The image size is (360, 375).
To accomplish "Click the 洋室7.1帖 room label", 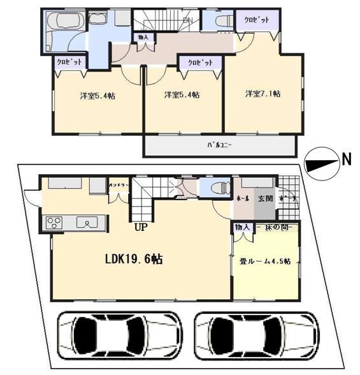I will coord(263,94).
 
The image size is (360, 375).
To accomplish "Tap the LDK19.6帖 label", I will coord(133,260).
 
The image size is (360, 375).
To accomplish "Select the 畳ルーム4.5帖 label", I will coord(266,261).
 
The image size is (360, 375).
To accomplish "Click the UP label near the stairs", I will coord(138,225).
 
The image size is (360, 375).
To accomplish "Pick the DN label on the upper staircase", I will coord(188,20).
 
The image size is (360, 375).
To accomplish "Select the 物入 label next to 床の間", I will coord(241,227).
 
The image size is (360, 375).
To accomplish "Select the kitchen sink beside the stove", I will coord(84,223).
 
